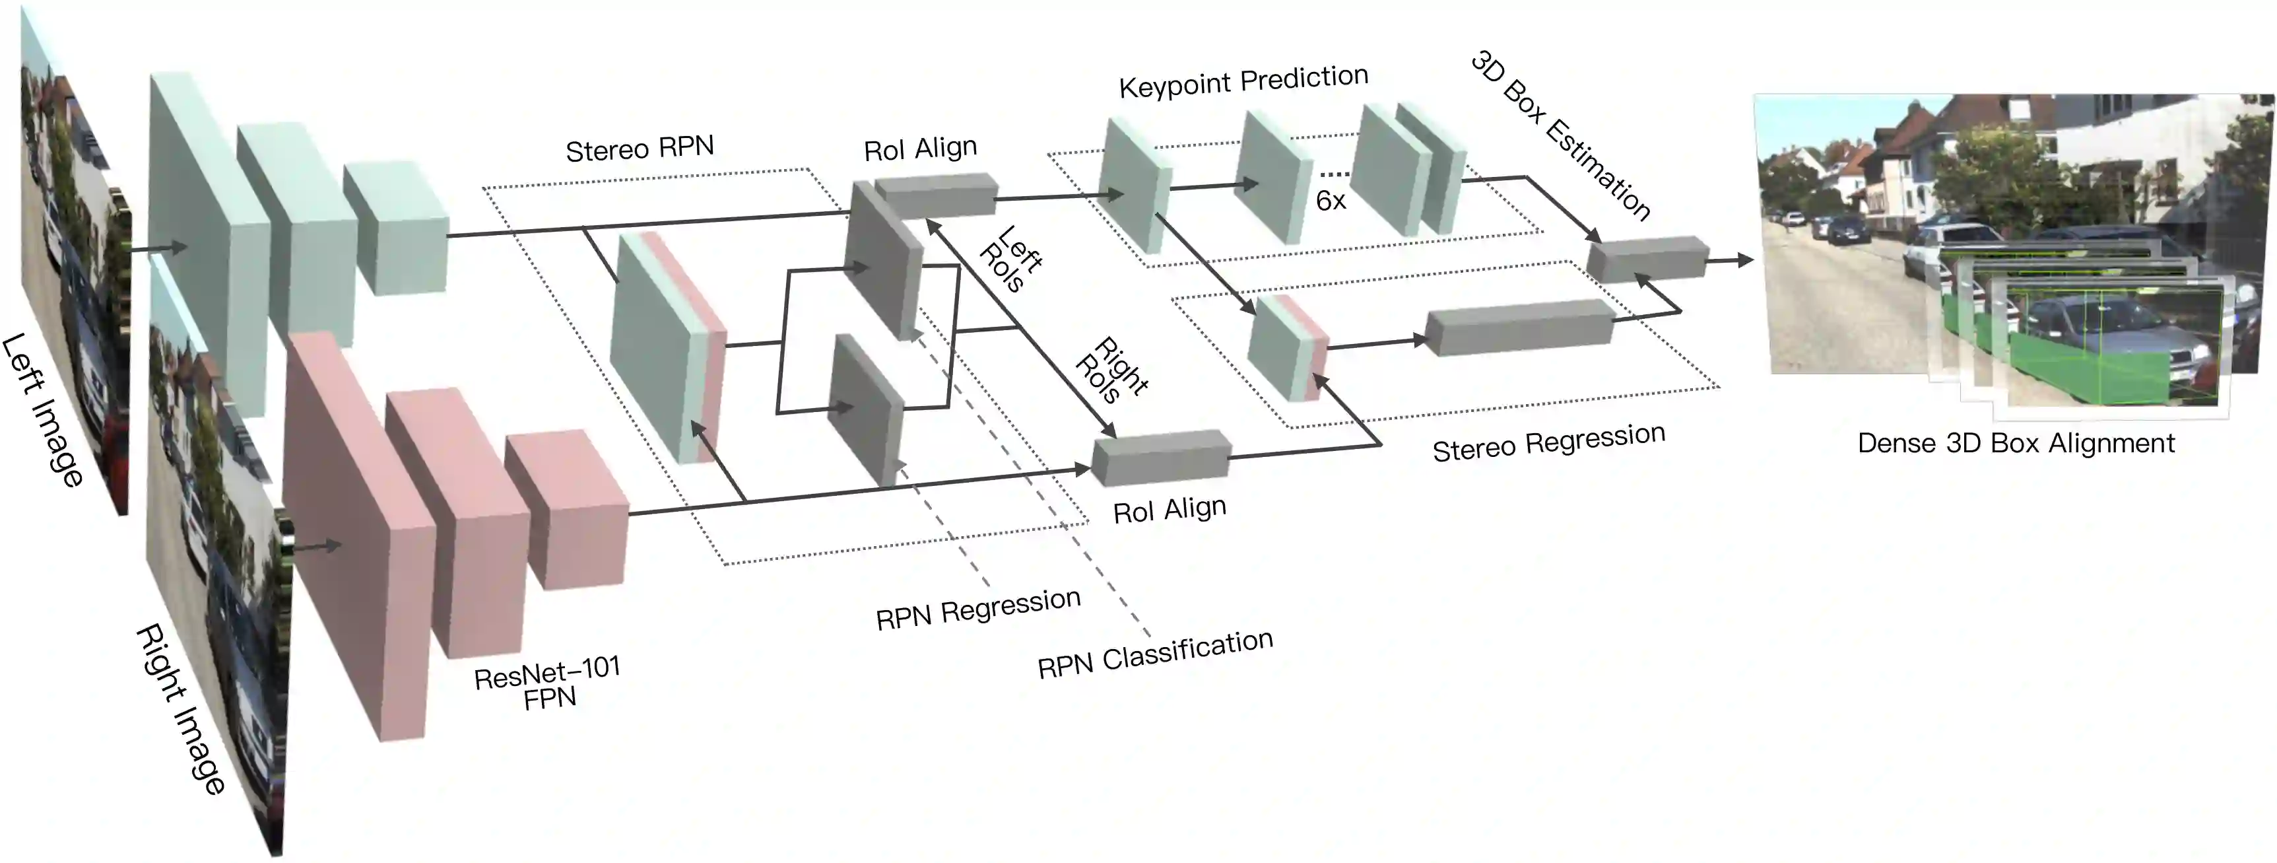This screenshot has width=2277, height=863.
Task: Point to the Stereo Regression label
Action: pyautogui.click(x=1548, y=442)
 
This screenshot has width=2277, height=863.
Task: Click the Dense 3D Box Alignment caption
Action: pyautogui.click(x=2016, y=443)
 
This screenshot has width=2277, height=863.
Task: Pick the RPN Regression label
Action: pyautogui.click(x=977, y=608)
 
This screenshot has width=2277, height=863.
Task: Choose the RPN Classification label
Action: pyautogui.click(x=1154, y=654)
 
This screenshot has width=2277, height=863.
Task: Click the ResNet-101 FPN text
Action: pyautogui.click(x=548, y=683)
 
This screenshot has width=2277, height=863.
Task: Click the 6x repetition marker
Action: pyautogui.click(x=1331, y=201)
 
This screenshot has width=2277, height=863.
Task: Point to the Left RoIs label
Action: pyautogui.click(x=1010, y=259)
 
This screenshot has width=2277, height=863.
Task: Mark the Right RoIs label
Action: pyautogui.click(x=1110, y=370)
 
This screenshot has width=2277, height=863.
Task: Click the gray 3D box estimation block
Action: pyautogui.click(x=1647, y=259)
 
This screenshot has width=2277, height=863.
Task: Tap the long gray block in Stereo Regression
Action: pyautogui.click(x=1521, y=327)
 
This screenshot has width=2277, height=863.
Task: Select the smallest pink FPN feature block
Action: pyautogui.click(x=566, y=511)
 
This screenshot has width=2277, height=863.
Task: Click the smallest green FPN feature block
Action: pyautogui.click(x=395, y=227)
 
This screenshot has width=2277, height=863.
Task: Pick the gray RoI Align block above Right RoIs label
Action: pyautogui.click(x=1160, y=457)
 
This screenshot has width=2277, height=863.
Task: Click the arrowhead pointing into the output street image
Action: pyautogui.click(x=1745, y=260)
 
